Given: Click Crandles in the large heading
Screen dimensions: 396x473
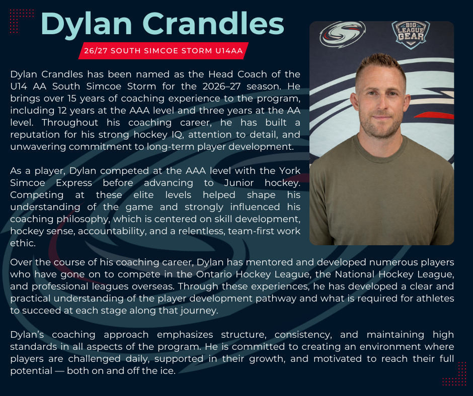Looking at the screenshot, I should [x=219, y=24].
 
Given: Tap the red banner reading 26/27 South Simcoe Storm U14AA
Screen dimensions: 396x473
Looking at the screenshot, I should [x=164, y=51].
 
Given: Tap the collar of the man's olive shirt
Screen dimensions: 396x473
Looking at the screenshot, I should [x=381, y=141].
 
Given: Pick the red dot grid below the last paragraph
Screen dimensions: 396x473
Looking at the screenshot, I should [x=454, y=374].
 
